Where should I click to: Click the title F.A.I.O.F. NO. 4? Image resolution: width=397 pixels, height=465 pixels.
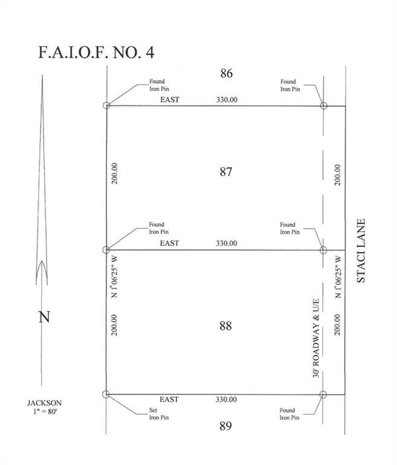pyautogui.click(x=96, y=53)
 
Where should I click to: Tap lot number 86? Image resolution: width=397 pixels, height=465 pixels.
pyautogui.click(x=226, y=73)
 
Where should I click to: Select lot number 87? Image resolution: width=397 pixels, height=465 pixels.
pyautogui.click(x=226, y=172)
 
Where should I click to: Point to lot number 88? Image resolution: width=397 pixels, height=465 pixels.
pyautogui.click(x=225, y=326)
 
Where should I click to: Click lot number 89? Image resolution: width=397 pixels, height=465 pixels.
pyautogui.click(x=225, y=426)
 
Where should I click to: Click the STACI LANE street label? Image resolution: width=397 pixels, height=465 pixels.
pyautogui.click(x=361, y=251)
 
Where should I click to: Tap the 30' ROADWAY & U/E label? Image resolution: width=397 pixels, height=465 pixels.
pyautogui.click(x=316, y=338)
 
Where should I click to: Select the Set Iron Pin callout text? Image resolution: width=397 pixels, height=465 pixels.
pyautogui.click(x=159, y=414)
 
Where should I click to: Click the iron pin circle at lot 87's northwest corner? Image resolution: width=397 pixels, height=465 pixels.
pyautogui.click(x=106, y=105)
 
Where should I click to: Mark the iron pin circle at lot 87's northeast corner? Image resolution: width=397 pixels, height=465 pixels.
pyautogui.click(x=323, y=105)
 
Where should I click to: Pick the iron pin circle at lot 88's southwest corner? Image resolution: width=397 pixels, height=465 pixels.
pyautogui.click(x=106, y=394)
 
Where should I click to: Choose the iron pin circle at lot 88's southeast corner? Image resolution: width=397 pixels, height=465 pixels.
pyautogui.click(x=323, y=394)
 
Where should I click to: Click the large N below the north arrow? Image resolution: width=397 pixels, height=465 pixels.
pyautogui.click(x=44, y=317)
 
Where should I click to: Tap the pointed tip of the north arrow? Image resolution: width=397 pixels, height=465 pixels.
pyautogui.click(x=42, y=75)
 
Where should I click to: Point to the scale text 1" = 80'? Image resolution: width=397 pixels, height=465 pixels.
pyautogui.click(x=45, y=412)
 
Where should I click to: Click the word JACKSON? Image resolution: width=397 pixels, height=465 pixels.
pyautogui.click(x=45, y=403)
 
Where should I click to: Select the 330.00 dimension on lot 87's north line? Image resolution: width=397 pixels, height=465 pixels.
pyautogui.click(x=227, y=100)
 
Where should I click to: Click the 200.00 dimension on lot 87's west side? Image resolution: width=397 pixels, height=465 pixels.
pyautogui.click(x=115, y=174)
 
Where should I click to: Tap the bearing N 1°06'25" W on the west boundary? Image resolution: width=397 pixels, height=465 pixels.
pyautogui.click(x=114, y=277)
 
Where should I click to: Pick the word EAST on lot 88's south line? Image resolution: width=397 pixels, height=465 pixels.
pyautogui.click(x=169, y=400)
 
